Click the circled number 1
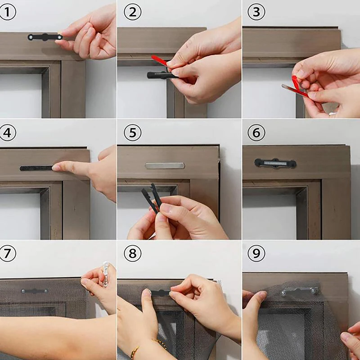coord(8,12)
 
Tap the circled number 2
coord(132,12)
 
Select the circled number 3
coord(256,12)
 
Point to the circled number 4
coord(8,132)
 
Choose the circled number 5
coord(132,132)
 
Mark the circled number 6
coord(256,132)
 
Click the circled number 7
coord(8,253)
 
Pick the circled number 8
coord(132,253)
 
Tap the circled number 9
coord(256,253)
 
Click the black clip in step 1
coord(45,37)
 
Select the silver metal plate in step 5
coord(165,166)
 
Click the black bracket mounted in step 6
coord(275,163)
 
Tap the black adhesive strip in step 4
coord(37,168)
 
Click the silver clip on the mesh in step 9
coord(300,291)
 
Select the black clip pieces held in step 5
coord(152,198)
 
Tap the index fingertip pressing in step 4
coord(56,167)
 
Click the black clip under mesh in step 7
coord(35,291)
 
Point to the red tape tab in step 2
coord(160,61)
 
